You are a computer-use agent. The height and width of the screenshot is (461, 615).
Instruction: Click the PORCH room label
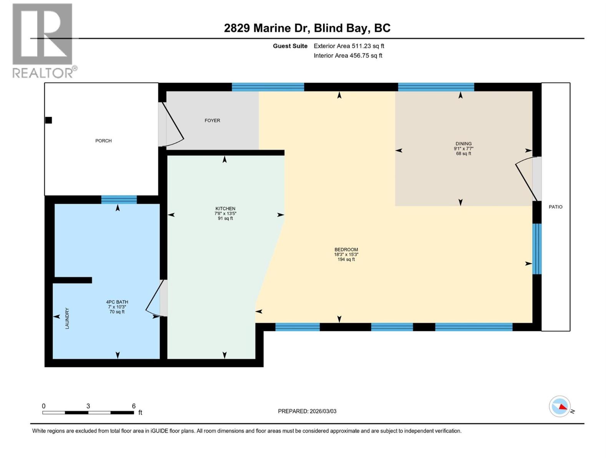103,141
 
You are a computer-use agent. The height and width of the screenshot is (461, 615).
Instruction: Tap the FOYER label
212,120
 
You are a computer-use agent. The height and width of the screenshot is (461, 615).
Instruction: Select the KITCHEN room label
225,209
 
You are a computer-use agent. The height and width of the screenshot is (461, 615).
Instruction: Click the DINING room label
464,144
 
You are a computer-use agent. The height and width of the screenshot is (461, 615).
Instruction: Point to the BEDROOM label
346,249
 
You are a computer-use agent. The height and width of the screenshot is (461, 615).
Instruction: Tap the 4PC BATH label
117,302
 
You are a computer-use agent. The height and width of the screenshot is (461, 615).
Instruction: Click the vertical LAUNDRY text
67,318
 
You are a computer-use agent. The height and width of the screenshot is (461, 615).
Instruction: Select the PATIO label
555,207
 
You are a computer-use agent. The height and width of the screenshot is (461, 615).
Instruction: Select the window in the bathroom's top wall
119,199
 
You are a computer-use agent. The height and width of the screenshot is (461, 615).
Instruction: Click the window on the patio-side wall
537,249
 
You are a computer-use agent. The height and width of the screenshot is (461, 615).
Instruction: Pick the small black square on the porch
48,120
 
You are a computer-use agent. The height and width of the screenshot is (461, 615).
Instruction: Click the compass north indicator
560,406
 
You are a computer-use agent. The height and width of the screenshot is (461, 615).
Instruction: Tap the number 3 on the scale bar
88,406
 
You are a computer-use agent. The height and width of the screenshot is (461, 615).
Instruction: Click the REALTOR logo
43,40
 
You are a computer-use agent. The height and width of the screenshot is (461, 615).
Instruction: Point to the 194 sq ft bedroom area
346,259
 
